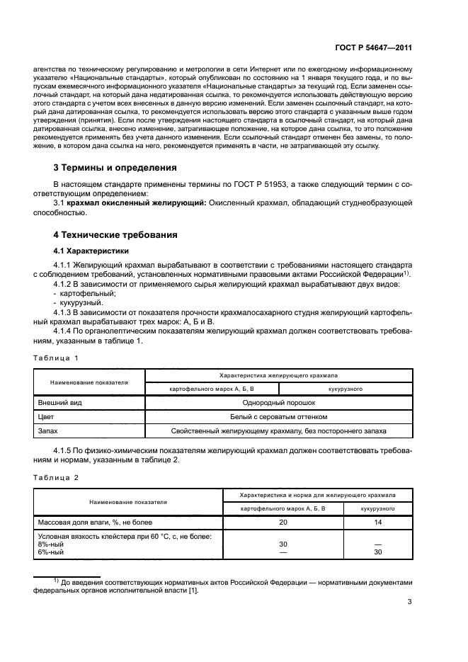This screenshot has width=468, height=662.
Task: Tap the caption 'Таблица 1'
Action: (58, 358)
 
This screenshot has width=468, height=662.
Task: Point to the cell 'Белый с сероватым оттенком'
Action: (278, 416)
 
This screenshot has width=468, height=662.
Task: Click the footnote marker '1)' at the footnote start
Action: (55, 581)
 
